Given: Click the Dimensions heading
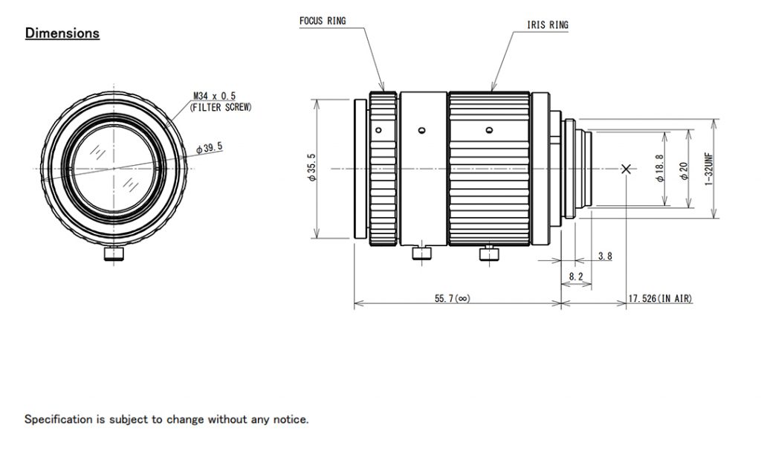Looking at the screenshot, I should tap(62, 33).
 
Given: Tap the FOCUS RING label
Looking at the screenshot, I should tap(323, 21).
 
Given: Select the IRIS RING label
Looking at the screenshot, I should tap(548, 25).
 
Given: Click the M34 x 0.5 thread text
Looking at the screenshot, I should tap(214, 97).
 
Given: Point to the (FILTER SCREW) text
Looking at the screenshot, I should tap(221, 107).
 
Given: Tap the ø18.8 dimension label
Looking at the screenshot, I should tap(659, 169).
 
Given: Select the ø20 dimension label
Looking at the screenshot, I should tap(684, 169).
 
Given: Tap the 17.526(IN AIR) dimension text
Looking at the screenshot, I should tap(660, 299).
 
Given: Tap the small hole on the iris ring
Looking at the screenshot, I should tap(488, 130).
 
